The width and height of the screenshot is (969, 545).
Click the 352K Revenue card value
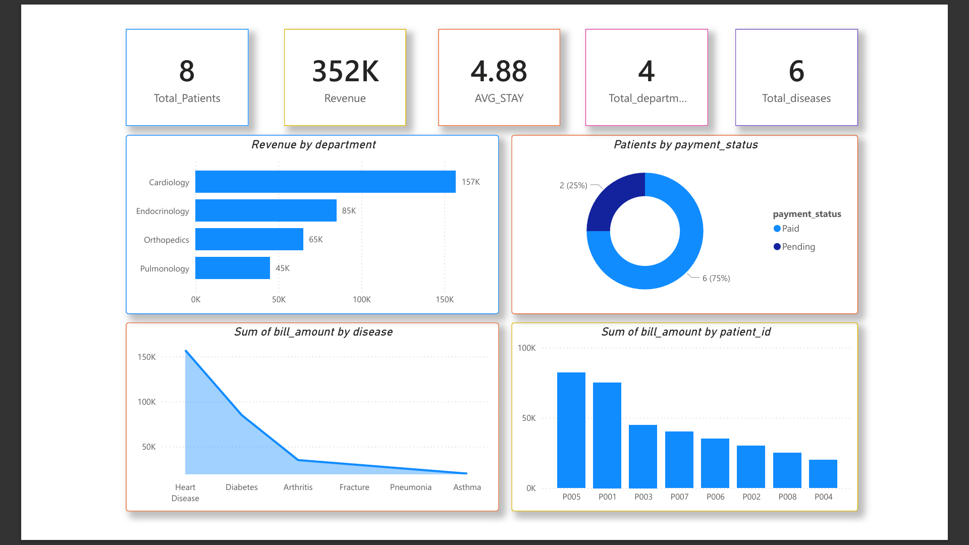coord(345,71)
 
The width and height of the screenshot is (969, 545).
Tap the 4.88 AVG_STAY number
coord(499,71)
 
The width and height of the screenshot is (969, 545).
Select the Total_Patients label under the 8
coord(187,98)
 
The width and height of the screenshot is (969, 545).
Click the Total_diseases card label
coord(796,98)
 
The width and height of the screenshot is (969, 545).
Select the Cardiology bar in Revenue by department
coord(325,182)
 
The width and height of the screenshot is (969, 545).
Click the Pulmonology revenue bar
coord(232,268)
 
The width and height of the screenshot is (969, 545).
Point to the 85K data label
coord(349,210)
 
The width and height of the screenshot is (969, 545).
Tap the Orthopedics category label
coord(166,240)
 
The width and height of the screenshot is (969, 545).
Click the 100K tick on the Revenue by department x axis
coord(361,299)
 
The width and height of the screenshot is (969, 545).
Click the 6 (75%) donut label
coord(716,278)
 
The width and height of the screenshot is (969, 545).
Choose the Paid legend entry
coord(790,229)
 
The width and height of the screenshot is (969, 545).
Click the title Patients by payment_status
coord(685,145)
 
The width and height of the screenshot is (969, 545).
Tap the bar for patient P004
coord(823,474)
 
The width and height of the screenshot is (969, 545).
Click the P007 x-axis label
coord(679,497)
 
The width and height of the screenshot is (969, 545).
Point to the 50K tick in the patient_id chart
coord(528,418)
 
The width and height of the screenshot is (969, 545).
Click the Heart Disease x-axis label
coord(185,493)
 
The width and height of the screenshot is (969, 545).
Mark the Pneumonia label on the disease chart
coord(410,487)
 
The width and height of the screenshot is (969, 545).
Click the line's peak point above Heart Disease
coord(186,350)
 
